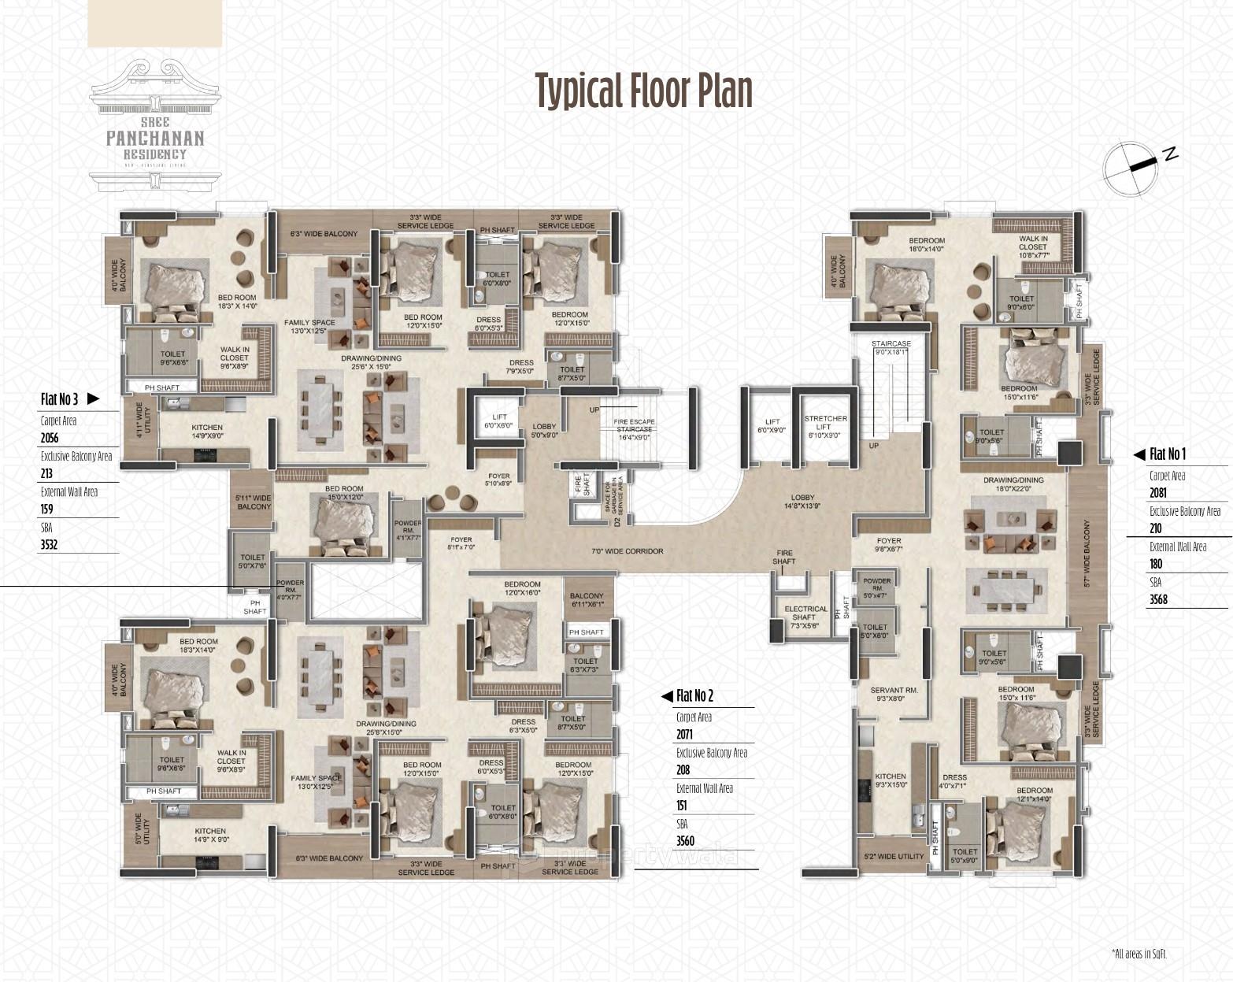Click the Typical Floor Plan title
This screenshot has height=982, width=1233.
[643, 90]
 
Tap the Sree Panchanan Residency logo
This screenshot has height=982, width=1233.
[155, 126]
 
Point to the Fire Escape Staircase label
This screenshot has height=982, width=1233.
[633, 429]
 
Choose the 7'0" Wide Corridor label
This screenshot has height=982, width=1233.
[628, 551]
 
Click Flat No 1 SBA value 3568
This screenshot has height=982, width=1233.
[1158, 599]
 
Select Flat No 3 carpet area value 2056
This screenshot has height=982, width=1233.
[50, 439]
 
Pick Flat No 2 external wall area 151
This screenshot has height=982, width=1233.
[681, 805]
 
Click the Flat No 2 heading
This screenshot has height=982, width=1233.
[694, 695]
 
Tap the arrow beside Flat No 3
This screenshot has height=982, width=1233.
[93, 399]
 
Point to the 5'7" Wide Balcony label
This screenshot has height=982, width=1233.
[1087, 554]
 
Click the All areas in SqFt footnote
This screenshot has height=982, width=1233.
[1139, 954]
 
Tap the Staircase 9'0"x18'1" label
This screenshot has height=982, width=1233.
[890, 348]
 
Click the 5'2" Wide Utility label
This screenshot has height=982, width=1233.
[894, 856]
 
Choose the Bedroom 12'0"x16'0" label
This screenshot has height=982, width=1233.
[524, 588]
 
